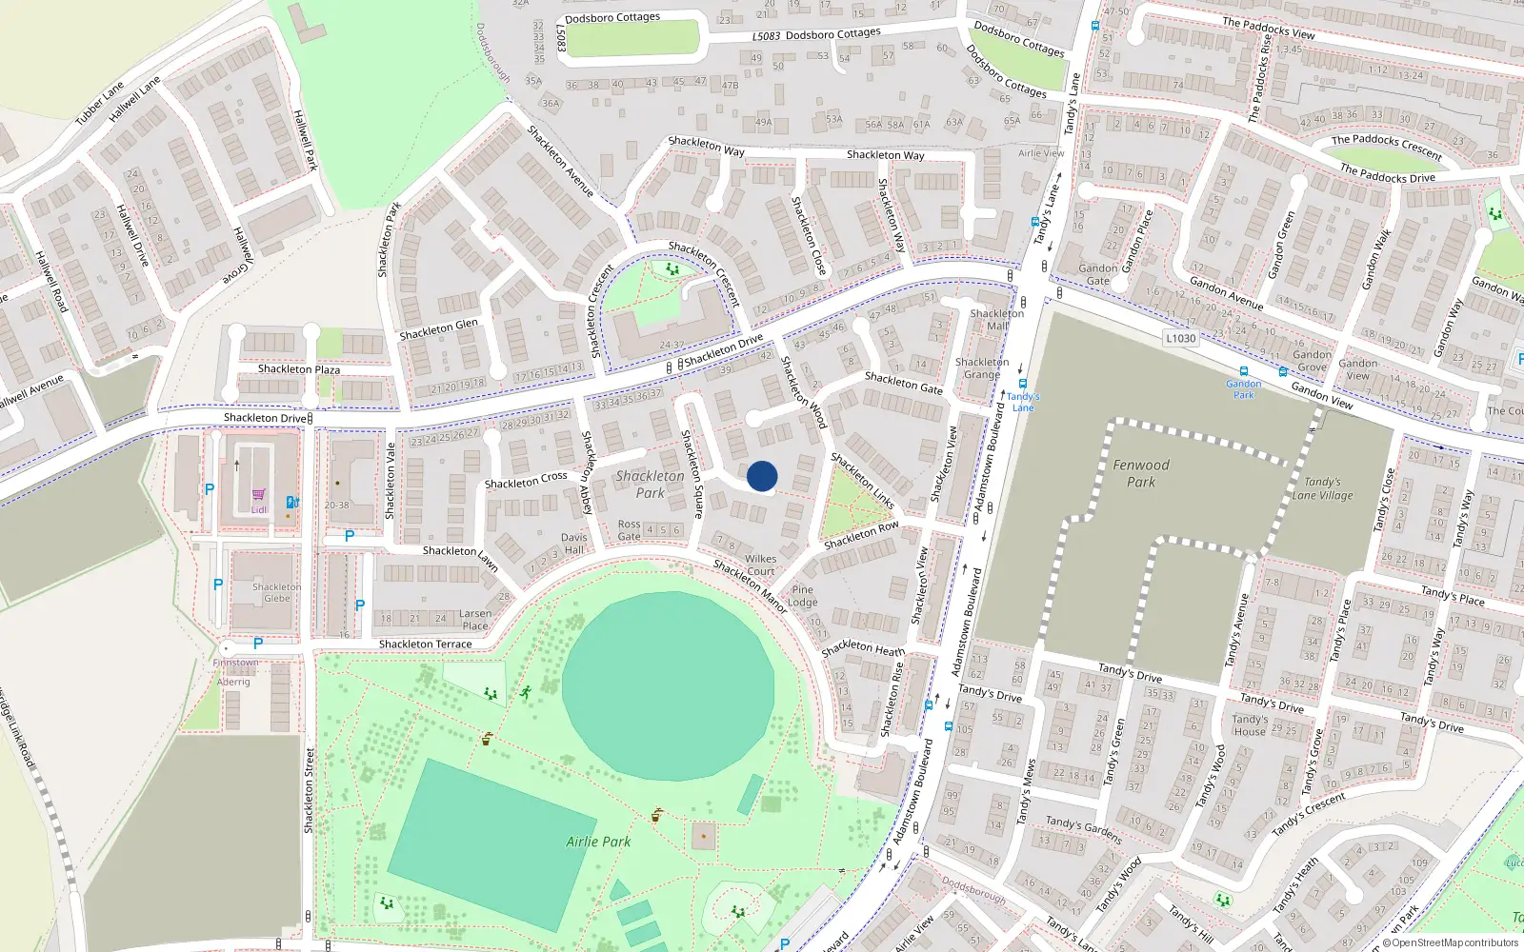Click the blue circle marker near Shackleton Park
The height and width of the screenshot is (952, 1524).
tap(762, 476)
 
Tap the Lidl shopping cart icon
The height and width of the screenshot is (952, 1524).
tap(258, 495)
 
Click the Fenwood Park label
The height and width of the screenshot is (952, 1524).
tap(1141, 473)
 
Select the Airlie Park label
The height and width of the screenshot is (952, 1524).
tap(598, 842)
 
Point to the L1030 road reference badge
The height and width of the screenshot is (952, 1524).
tap(1180, 338)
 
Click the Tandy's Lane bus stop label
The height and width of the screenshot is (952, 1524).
tap(1023, 402)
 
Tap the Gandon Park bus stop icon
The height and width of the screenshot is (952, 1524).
tap(1243, 372)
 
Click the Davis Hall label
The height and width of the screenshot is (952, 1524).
tap(573, 544)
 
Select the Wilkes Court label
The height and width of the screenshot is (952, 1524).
tap(760, 565)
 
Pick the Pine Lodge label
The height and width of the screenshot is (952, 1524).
tap(803, 596)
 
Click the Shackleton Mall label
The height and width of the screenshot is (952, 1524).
tap(996, 319)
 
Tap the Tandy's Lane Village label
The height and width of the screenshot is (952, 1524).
tap(1322, 488)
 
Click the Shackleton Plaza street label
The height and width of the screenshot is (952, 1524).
tap(298, 369)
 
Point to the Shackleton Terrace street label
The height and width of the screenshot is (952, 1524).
tap(425, 645)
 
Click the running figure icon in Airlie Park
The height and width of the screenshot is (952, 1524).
tap(525, 692)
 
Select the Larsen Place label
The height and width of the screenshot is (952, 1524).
tap(475, 620)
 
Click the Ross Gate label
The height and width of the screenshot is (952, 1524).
tap(629, 530)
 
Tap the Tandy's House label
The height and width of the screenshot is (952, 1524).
tap(1250, 725)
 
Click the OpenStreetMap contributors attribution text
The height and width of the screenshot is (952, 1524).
tap(1450, 942)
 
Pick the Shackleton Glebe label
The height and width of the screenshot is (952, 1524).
tap(276, 592)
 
